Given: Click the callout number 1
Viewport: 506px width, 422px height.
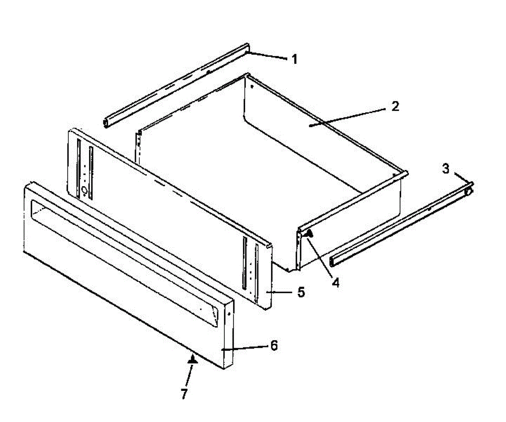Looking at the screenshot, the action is (x=294, y=59).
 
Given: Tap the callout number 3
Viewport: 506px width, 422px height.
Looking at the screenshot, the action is (x=446, y=169).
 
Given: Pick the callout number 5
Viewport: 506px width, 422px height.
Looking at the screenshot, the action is (x=301, y=292).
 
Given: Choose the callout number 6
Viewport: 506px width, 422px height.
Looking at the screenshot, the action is (x=274, y=346).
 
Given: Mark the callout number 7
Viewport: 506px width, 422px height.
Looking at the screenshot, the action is (x=183, y=394).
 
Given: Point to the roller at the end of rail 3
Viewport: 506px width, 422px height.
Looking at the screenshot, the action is (x=468, y=191).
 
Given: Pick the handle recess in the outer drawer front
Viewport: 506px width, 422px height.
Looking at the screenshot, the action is (x=122, y=253).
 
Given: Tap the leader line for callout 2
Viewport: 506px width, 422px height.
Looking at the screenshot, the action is (x=350, y=116).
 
